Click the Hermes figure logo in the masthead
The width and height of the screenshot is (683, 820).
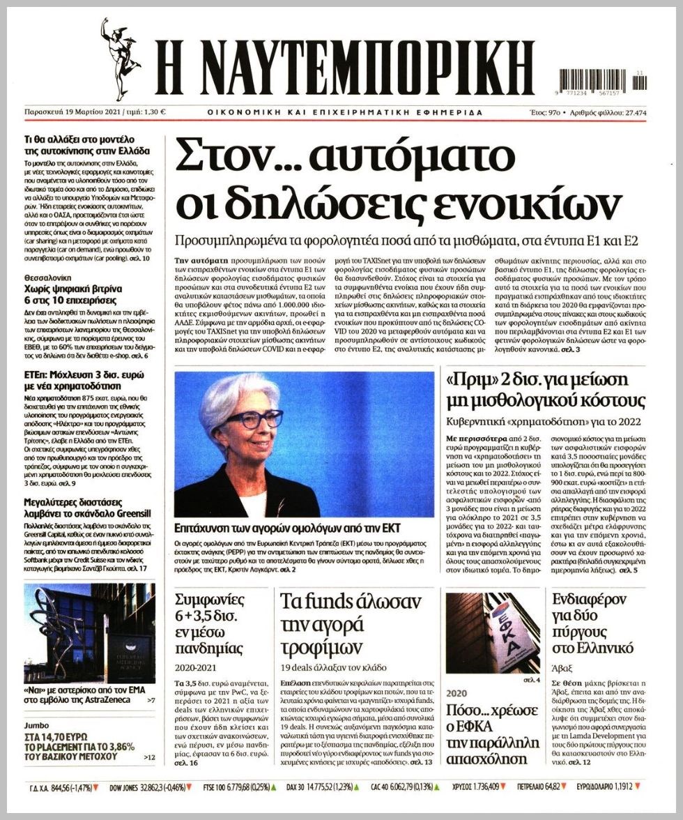pos(119,59)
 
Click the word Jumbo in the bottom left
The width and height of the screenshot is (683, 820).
pos(37,725)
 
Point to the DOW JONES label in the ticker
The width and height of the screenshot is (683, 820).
pos(127,788)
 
